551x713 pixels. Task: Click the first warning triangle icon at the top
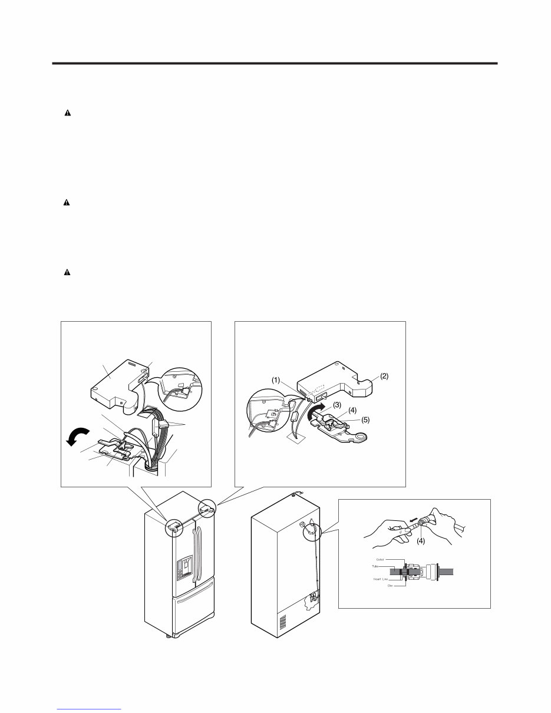(x=67, y=113)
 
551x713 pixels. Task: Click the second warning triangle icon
(x=67, y=202)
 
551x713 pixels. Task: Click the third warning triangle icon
(x=67, y=272)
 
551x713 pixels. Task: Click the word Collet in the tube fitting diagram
(x=380, y=560)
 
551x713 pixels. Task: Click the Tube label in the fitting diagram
(x=375, y=567)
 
